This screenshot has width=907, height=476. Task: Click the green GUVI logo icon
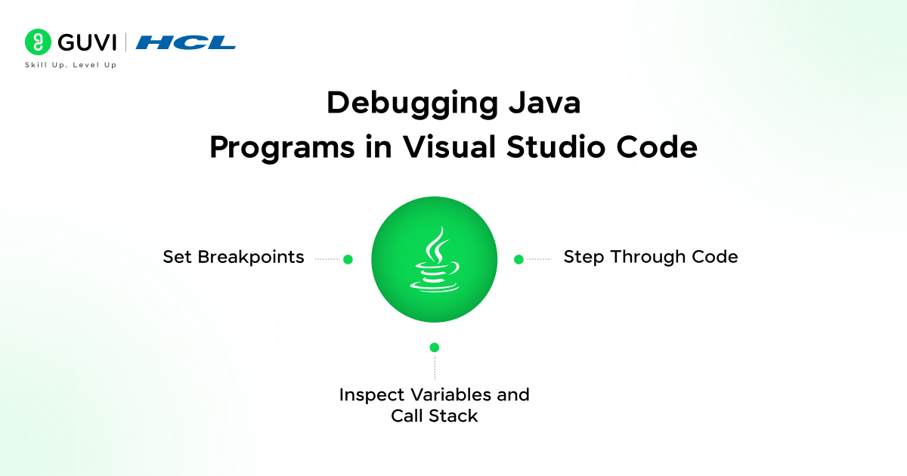[x=38, y=42]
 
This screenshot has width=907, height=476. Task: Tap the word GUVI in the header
[x=87, y=42]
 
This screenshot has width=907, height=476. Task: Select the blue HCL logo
[x=185, y=42]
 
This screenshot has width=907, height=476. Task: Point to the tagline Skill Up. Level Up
[x=71, y=65]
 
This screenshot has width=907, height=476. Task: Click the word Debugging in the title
[x=412, y=104]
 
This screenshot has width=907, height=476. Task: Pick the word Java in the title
[x=545, y=103]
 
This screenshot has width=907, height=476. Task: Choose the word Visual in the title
[x=449, y=147]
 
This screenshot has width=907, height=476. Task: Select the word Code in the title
[x=657, y=147]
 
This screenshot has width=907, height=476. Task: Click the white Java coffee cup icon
[x=435, y=259]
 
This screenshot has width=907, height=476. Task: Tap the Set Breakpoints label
[x=234, y=257]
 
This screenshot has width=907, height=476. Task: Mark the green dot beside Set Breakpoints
[x=348, y=259]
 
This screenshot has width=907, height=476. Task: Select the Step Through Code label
[x=651, y=257]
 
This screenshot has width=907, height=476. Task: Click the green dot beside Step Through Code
[x=519, y=259]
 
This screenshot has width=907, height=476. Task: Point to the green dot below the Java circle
[x=435, y=348]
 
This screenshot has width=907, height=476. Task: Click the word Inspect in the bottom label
[x=372, y=395]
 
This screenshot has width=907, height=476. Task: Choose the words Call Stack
[x=435, y=416]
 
